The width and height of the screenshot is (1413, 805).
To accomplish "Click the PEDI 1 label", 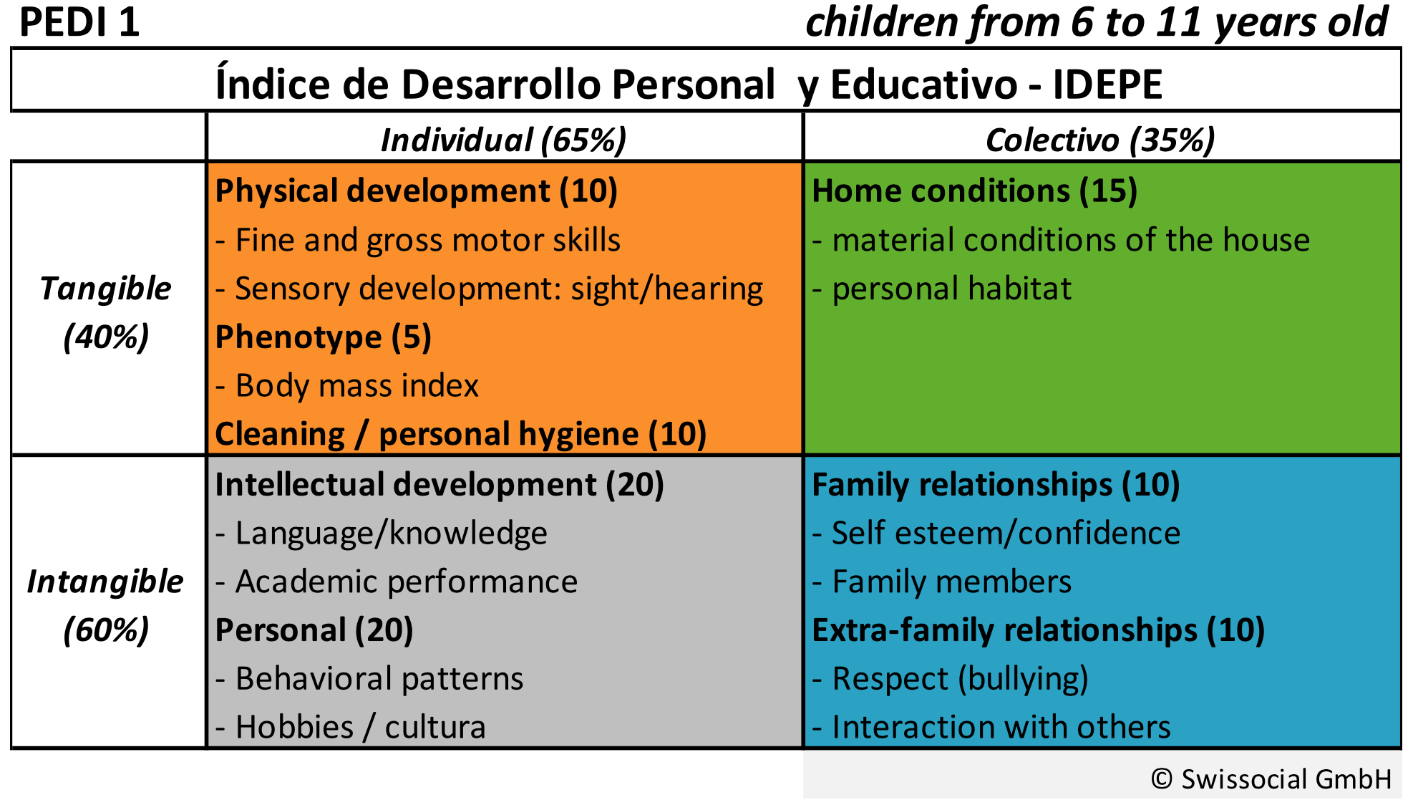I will [79, 23].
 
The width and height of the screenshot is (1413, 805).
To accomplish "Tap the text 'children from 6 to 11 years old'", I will [1096, 23].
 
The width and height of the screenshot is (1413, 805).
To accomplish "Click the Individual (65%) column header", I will [503, 140].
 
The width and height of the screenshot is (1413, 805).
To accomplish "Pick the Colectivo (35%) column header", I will [1100, 140].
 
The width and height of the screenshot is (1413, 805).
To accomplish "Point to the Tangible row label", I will [106, 289].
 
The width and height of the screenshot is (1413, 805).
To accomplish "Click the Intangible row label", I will [105, 582].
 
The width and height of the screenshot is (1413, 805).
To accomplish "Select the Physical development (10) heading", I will [416, 191].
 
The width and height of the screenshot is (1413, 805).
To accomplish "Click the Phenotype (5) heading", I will [323, 337].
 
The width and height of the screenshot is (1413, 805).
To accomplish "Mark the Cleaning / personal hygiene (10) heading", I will [460, 435].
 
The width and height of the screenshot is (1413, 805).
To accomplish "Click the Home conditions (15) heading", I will [974, 191].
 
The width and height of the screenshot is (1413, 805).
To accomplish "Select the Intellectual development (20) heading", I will [439, 485].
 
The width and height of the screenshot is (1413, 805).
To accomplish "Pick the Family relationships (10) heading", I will [995, 485].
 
